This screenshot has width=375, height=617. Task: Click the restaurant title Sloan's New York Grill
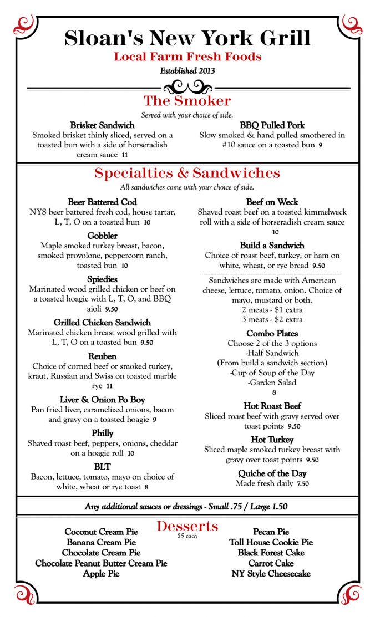pos(187,38)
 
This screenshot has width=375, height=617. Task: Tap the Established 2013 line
pos(187,71)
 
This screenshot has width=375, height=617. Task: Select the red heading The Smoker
pos(187,101)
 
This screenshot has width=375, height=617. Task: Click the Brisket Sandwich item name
pos(103,125)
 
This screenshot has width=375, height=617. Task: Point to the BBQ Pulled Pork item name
pos(272,125)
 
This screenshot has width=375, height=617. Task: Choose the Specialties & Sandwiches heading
pos(187,173)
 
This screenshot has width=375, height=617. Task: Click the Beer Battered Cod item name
pos(102,202)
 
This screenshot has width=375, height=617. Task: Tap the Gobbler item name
pos(102,236)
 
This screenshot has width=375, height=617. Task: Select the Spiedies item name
pos(102,279)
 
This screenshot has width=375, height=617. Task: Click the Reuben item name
pos(102,356)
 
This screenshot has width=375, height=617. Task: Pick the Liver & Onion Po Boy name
pos(102,399)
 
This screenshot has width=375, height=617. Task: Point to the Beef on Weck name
pos(272,202)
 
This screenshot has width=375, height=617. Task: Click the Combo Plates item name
pos(272,333)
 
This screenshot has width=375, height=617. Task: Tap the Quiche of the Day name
pos(272,473)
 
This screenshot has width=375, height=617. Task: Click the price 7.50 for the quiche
pos(302,484)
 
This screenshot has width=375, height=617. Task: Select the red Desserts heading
pos(187,526)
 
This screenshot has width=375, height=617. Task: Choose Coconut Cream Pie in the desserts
pos(102,532)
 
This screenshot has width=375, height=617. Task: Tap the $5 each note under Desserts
pos(187,536)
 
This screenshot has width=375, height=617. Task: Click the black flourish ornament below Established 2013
pos(188,87)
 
